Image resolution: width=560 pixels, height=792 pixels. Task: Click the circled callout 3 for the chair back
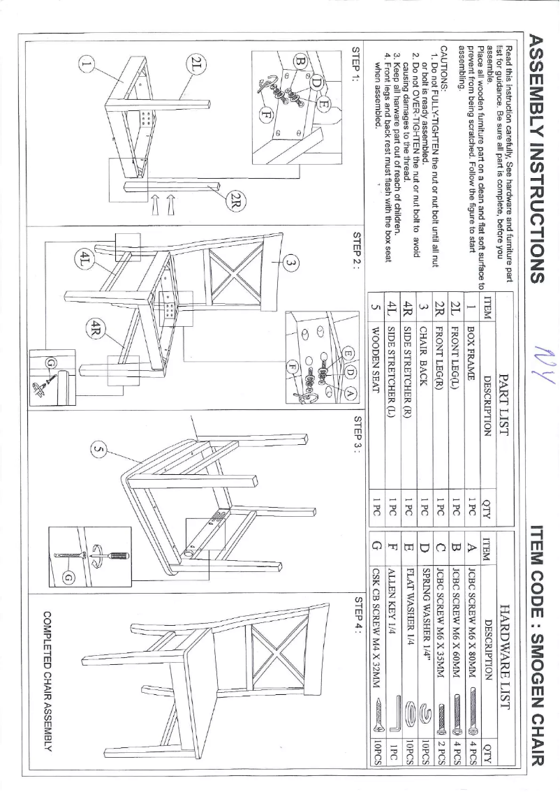pyautogui.click(x=292, y=263)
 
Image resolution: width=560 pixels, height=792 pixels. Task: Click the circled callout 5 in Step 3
pyautogui.click(x=98, y=454)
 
